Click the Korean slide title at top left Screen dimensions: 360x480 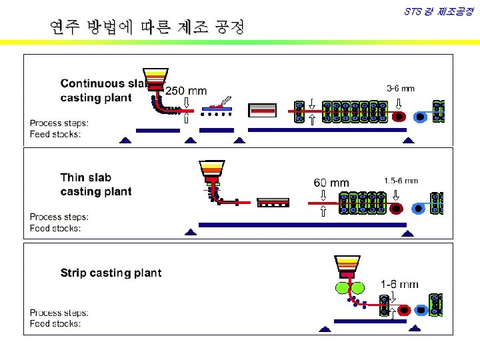tap(147, 27)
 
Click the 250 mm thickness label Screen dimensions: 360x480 tap(186, 91)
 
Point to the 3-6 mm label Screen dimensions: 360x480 tap(400, 88)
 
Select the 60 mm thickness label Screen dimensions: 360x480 tap(331, 183)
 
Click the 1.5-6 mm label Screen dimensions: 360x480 tap(401, 181)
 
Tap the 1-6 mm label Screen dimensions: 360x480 tap(399, 284)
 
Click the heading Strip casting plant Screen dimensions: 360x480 tap(111, 273)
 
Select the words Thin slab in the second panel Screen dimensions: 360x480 tap(86, 177)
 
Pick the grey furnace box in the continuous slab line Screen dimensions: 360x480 tap(262, 109)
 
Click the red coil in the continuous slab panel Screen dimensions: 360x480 tap(399, 116)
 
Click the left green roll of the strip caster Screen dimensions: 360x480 tap(342, 288)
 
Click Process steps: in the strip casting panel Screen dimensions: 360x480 tap(59, 313)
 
